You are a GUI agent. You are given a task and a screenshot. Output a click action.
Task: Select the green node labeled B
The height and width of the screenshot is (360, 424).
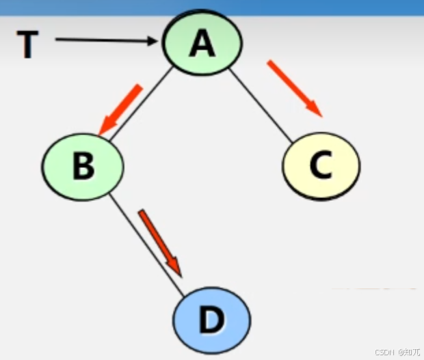tap(83, 166)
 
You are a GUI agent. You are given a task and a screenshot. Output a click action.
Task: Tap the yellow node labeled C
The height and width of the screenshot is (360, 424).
tap(321, 165)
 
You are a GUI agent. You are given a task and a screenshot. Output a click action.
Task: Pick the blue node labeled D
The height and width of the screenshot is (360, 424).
tap(211, 320)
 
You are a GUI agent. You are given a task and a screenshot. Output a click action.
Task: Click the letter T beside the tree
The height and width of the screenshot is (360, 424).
tap(28, 45)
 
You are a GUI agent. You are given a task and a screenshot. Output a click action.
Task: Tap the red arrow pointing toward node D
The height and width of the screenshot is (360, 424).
tap(161, 243)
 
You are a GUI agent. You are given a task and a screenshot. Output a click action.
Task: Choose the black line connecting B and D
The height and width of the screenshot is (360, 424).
tap(147, 246)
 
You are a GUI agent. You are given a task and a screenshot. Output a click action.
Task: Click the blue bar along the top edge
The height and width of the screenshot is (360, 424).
tap(212, 6)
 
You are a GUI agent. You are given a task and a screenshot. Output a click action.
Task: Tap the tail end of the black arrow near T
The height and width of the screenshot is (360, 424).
tap(57, 40)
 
